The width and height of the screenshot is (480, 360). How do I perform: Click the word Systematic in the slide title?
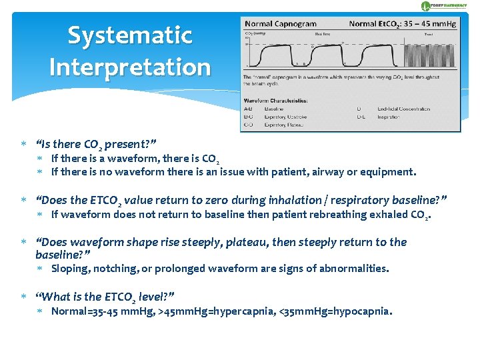point(129,35)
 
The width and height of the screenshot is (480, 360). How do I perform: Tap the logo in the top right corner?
point(447,5)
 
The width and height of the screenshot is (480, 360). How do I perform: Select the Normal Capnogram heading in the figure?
point(281,23)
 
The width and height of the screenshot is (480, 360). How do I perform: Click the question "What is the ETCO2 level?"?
point(105,297)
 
